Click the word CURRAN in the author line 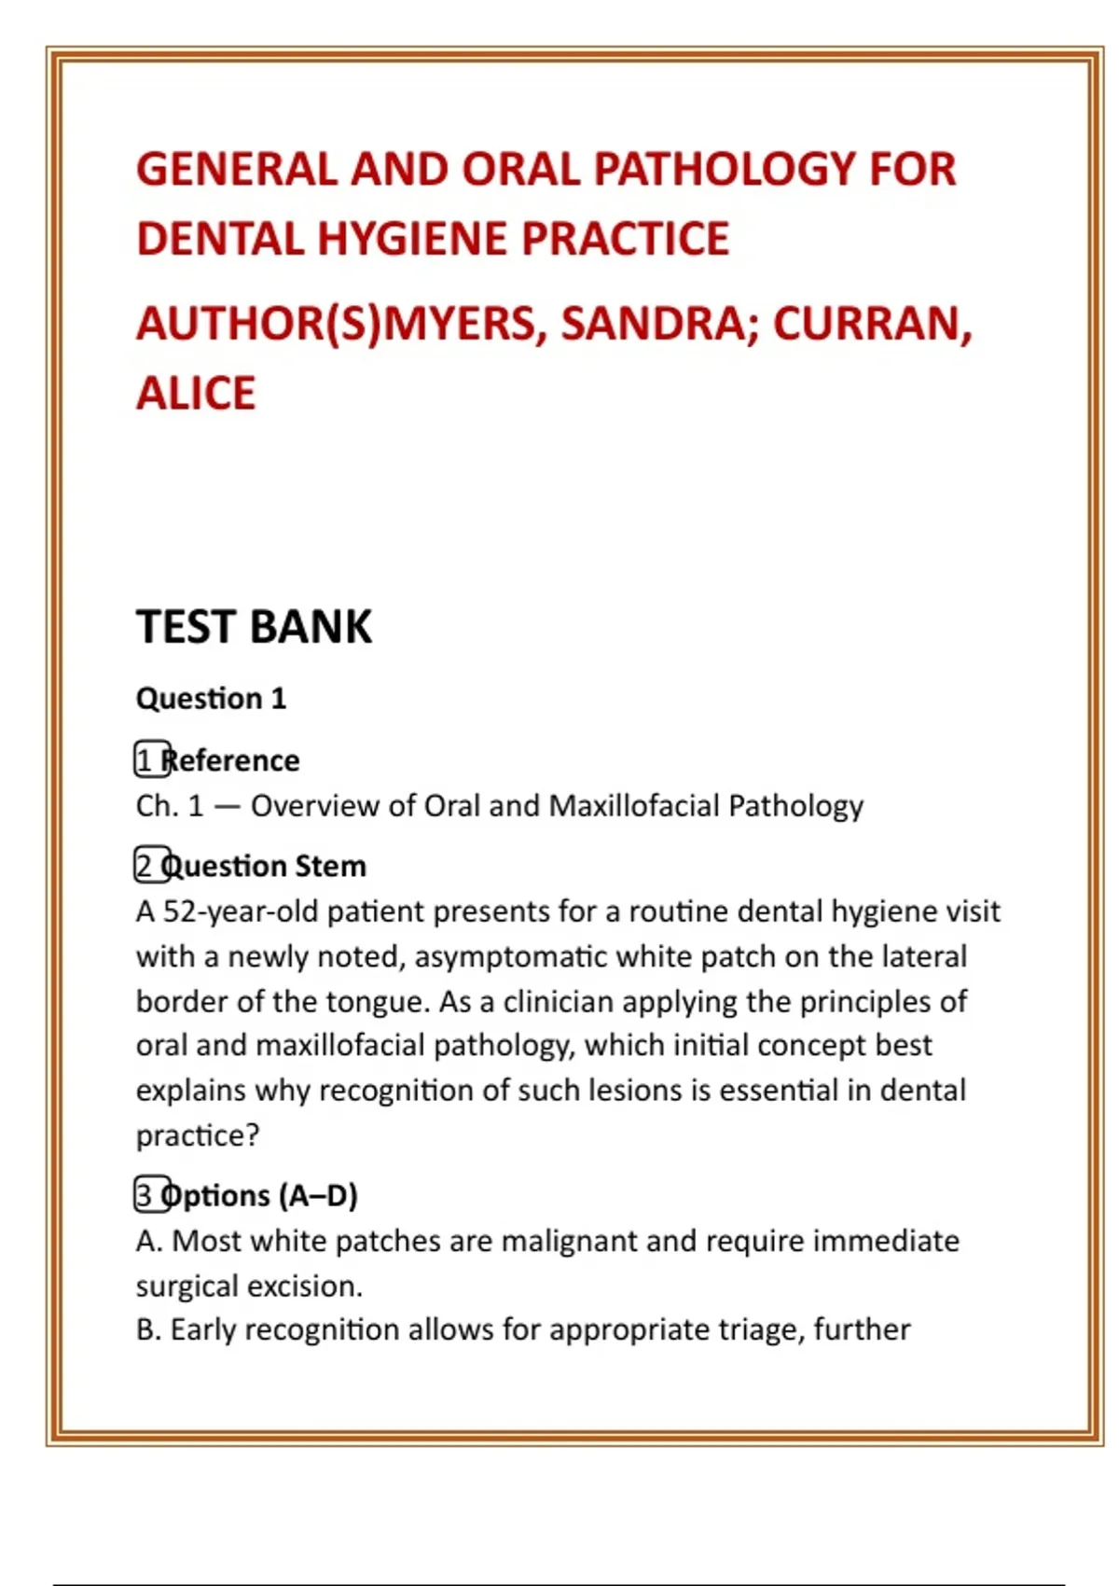click(873, 324)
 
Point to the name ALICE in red click(196, 393)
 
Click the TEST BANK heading click(254, 626)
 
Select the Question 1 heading click(211, 698)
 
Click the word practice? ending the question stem click(198, 1135)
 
